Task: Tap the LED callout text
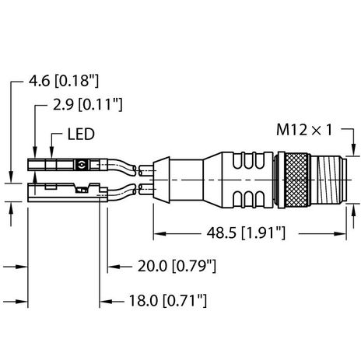point(79,135)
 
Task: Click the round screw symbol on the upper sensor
point(83,165)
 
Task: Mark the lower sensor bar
point(62,192)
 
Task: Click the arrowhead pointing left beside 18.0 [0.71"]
point(105,298)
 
